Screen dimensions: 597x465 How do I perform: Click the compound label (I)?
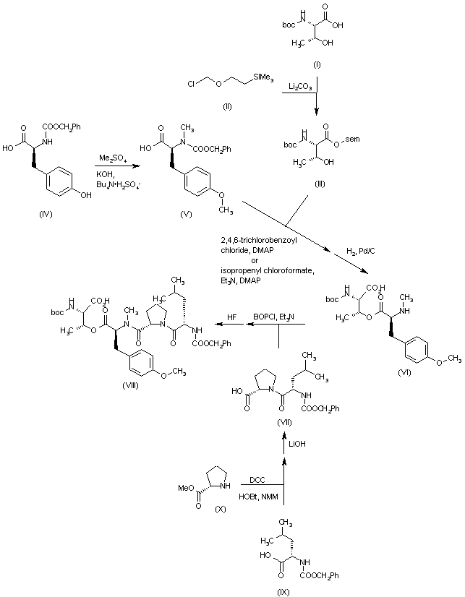(x=317, y=65)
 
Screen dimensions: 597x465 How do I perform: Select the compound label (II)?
(x=226, y=106)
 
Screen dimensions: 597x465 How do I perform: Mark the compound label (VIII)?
(x=134, y=386)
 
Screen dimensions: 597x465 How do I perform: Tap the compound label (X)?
(x=221, y=510)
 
